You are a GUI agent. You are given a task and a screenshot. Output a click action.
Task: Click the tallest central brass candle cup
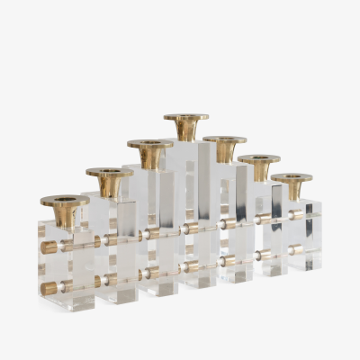[x=186, y=126]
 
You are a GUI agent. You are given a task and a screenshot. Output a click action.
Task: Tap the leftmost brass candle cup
[x=65, y=210]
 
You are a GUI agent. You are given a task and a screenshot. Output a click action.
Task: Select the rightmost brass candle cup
[x=292, y=186]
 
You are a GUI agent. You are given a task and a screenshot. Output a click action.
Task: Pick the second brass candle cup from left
[x=109, y=182]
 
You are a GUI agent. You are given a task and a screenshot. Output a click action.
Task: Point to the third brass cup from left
[x=149, y=154]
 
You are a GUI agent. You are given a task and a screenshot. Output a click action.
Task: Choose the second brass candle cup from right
[x=259, y=166]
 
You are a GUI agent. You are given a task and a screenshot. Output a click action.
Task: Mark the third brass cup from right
[x=224, y=148]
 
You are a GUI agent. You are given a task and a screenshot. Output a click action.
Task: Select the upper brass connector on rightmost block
[x=297, y=216]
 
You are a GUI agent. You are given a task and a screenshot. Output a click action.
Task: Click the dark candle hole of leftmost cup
[x=65, y=199]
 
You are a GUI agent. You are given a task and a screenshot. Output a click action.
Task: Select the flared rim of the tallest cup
[x=186, y=117]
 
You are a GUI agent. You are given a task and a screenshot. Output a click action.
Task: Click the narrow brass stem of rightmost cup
[x=292, y=193]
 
